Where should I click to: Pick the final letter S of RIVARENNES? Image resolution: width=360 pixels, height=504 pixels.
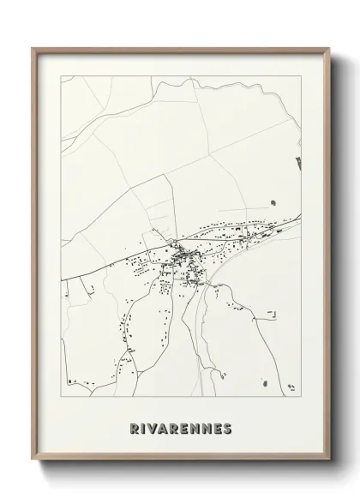click(227, 429)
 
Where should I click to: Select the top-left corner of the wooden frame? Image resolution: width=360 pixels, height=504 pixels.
click(33, 48)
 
